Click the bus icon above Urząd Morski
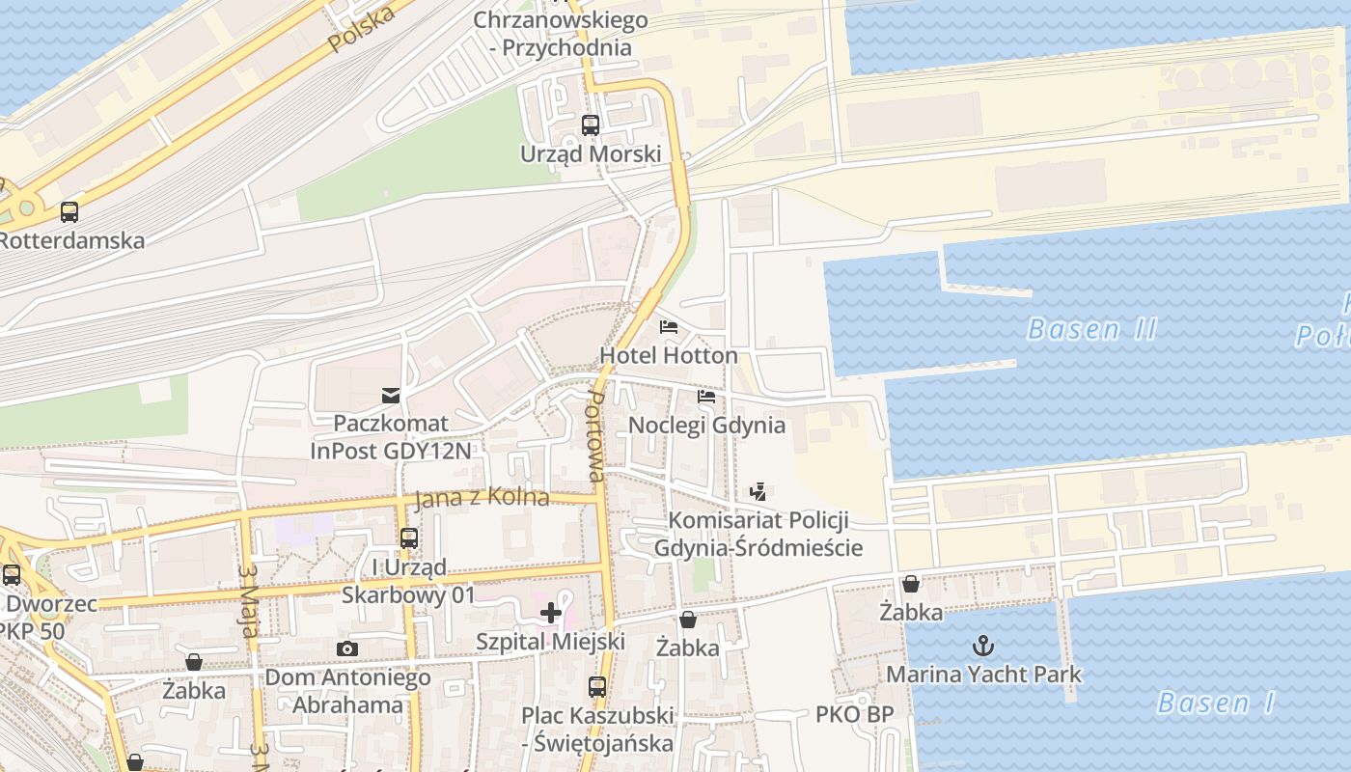pyautogui.click(x=590, y=124)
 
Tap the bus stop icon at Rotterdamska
pyautogui.click(x=69, y=211)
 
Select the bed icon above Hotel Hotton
pyautogui.click(x=668, y=327)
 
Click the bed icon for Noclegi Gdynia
pyautogui.click(x=706, y=396)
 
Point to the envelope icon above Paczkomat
pyautogui.click(x=390, y=395)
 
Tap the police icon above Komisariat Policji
pyautogui.click(x=758, y=491)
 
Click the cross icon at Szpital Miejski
pyautogui.click(x=551, y=613)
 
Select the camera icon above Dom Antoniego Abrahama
pyautogui.click(x=347, y=648)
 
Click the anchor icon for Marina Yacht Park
pyautogui.click(x=983, y=645)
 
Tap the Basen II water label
pyautogui.click(x=1091, y=329)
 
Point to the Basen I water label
pyautogui.click(x=1216, y=703)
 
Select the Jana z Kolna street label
pyautogui.click(x=482, y=498)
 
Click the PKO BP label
pyautogui.click(x=854, y=714)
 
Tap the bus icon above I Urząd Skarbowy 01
pyautogui.click(x=409, y=538)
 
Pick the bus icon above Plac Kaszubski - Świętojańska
pyautogui.click(x=597, y=687)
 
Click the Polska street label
pyautogui.click(x=362, y=30)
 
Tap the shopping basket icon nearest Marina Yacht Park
pyautogui.click(x=910, y=584)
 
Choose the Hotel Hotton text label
pyautogui.click(x=668, y=355)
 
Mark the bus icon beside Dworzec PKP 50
pyautogui.click(x=12, y=575)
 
